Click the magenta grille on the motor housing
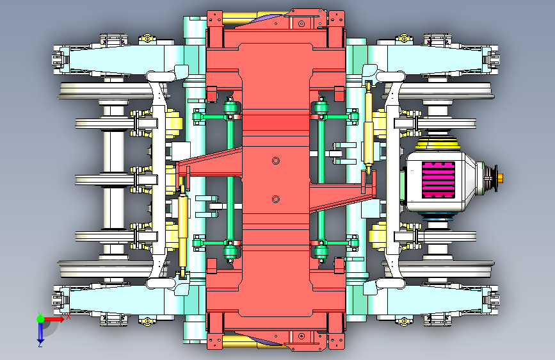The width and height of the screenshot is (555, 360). pyautogui.click(x=438, y=179)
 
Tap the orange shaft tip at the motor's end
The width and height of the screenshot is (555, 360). pyautogui.click(x=500, y=178)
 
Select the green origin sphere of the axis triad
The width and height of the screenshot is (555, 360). pyautogui.click(x=40, y=319)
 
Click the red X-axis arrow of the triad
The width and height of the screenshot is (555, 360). pyautogui.click(x=54, y=319)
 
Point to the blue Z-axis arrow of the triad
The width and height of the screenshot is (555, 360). pyautogui.click(x=40, y=332)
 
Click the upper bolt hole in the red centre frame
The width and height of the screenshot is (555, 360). pyautogui.click(x=276, y=161)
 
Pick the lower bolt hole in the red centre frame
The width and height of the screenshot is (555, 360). pyautogui.click(x=276, y=199)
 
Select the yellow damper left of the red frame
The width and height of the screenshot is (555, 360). pyautogui.click(x=182, y=231)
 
